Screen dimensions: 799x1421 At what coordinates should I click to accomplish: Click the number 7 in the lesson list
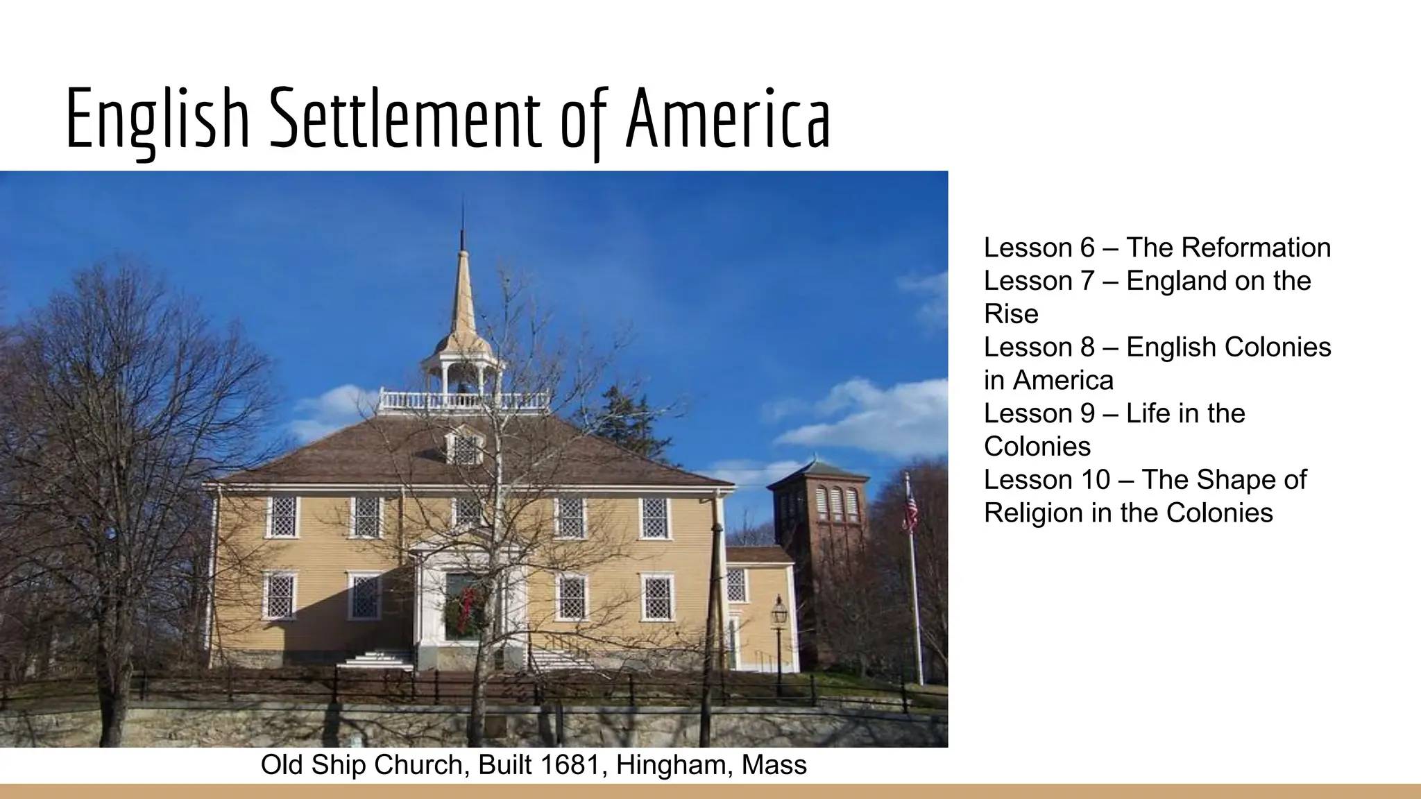pyautogui.click(x=1087, y=281)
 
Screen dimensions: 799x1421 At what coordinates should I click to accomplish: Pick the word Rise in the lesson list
pyautogui.click(x=1011, y=314)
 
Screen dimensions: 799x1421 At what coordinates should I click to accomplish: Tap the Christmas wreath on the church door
pyautogui.click(x=465, y=610)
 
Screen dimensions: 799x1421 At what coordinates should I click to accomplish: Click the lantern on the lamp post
pyautogui.click(x=779, y=610)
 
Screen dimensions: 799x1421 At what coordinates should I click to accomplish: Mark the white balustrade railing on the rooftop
pyautogui.click(x=463, y=400)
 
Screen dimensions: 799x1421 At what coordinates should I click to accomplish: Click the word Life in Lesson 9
pyautogui.click(x=1148, y=413)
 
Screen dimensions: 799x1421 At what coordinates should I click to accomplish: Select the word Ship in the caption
pyautogui.click(x=334, y=765)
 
